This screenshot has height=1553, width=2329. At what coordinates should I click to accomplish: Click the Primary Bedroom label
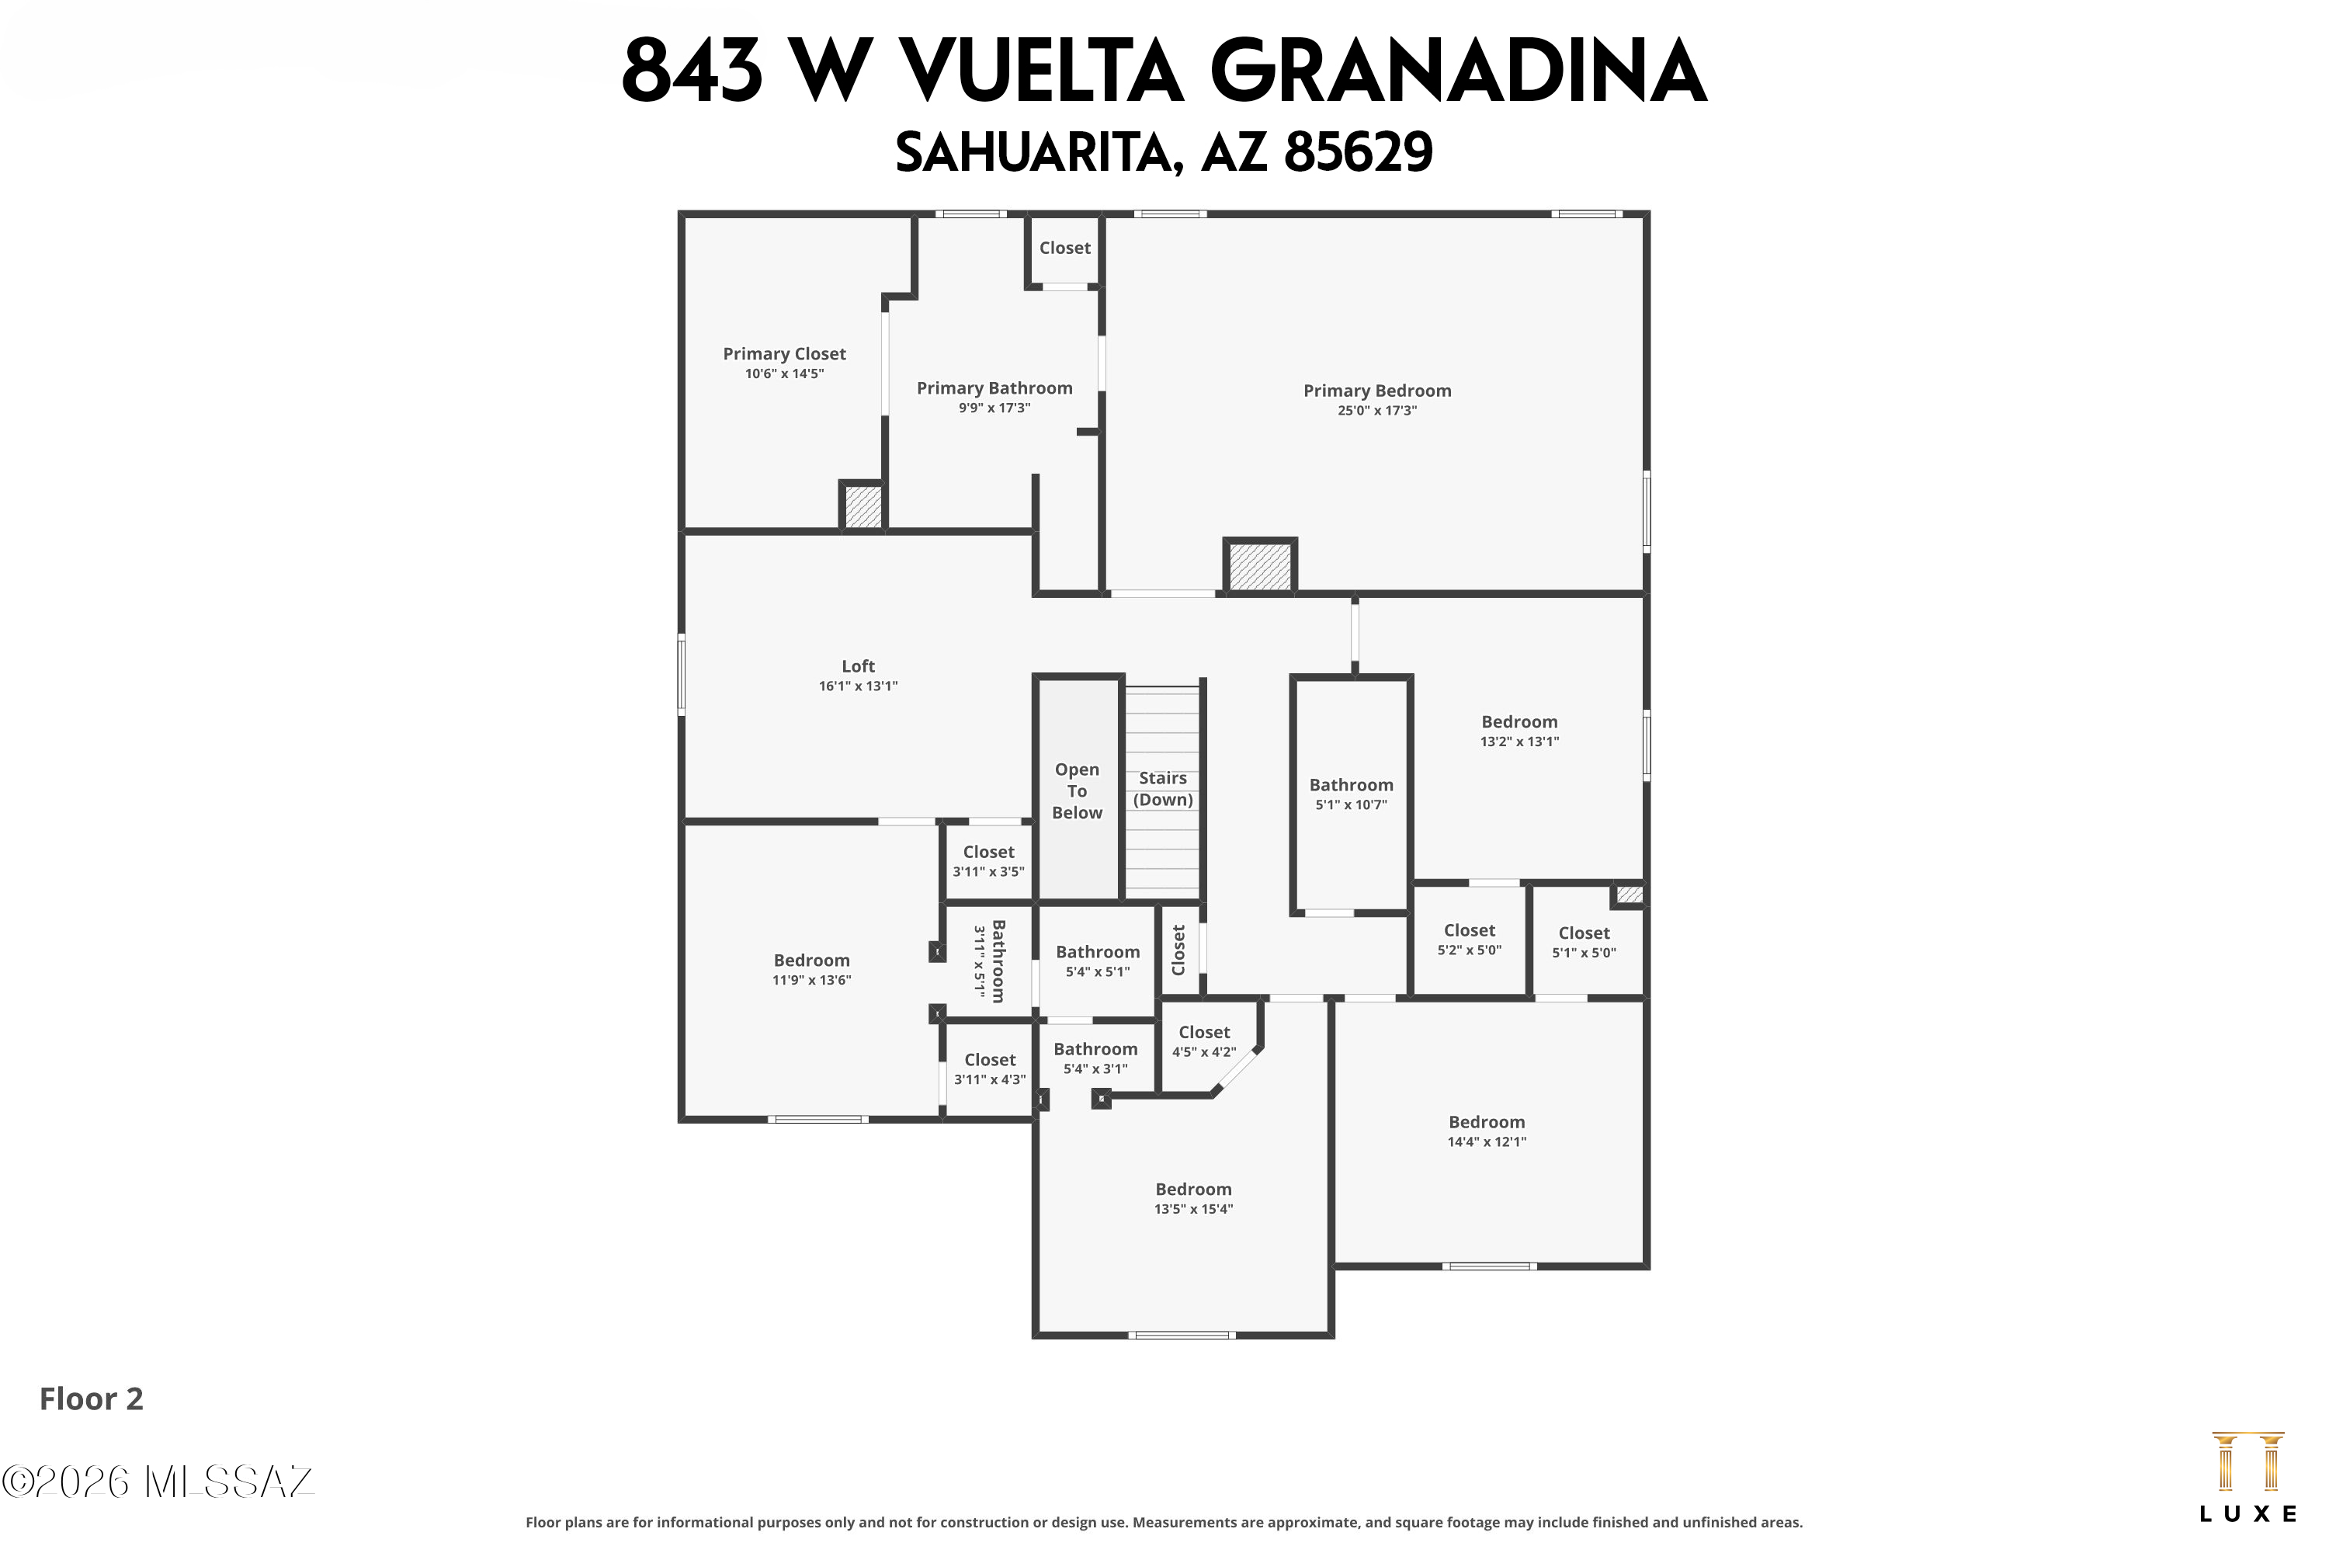(1376, 391)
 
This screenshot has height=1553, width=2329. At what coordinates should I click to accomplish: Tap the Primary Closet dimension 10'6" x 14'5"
(784, 374)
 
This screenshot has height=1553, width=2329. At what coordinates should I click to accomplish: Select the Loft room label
(859, 666)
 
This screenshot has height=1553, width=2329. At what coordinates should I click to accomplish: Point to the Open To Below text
(1076, 791)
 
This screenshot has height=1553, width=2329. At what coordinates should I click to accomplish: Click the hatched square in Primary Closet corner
(863, 506)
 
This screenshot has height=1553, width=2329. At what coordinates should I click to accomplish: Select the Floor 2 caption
(91, 1399)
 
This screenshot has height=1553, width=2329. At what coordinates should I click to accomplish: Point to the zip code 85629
(1358, 152)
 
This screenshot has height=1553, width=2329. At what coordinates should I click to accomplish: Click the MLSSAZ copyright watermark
(158, 1482)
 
